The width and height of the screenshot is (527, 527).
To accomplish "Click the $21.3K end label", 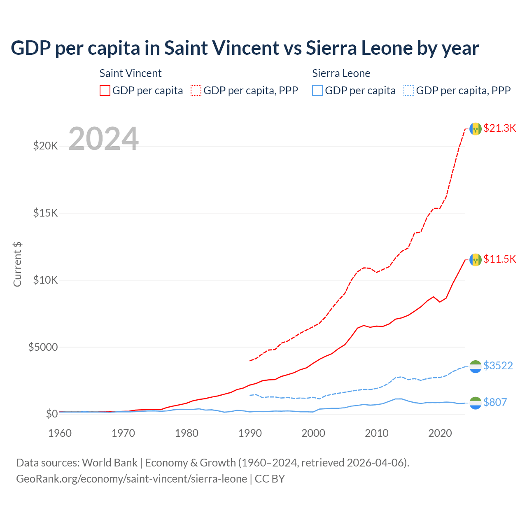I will (x=499, y=128).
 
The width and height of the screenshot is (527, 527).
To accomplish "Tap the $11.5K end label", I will (x=499, y=259).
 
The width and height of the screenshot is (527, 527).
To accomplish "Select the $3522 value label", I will (x=498, y=366).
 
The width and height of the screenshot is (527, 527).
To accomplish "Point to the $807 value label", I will (x=495, y=402).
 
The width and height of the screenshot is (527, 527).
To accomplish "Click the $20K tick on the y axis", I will (x=45, y=146).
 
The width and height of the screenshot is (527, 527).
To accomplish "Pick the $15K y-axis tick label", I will (x=45, y=213).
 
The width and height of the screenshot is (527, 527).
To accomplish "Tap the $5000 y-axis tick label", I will (x=43, y=347).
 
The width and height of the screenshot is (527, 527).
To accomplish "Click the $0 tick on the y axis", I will (x=51, y=414).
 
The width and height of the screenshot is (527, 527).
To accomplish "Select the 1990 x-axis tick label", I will (x=250, y=433).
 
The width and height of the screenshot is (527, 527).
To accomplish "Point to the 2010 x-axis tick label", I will (x=377, y=433).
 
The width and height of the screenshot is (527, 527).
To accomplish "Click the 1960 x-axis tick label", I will (x=60, y=433).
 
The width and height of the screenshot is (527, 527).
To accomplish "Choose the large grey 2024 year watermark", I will (x=103, y=139).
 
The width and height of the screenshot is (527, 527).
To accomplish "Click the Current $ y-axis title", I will (x=17, y=264).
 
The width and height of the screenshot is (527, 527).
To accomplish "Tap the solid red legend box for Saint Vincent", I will (x=105, y=91).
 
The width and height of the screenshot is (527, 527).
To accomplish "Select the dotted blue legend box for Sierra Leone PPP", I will (x=409, y=91).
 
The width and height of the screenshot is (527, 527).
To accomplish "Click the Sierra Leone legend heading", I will (x=341, y=73).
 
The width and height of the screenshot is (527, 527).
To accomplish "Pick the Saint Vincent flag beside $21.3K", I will (x=476, y=129).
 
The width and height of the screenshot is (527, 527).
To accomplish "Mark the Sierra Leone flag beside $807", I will (x=476, y=403).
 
